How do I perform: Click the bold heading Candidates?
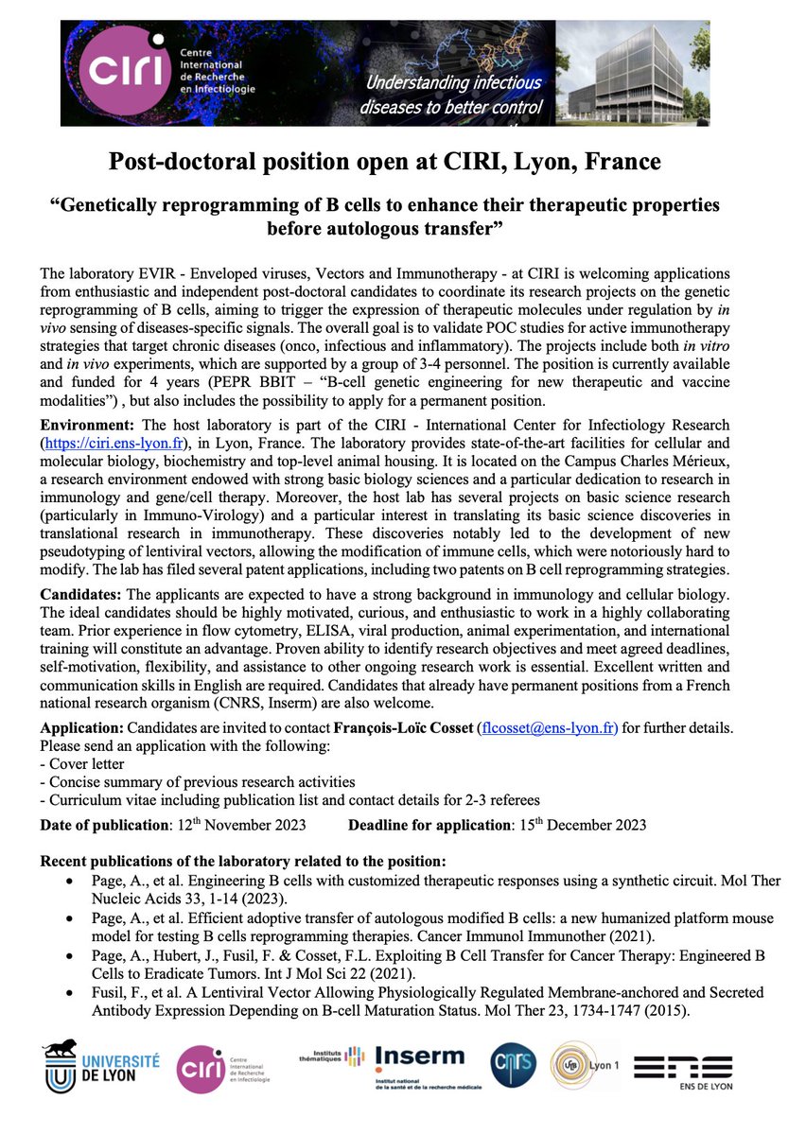point(80,594)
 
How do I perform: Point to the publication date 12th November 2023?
point(241,824)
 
